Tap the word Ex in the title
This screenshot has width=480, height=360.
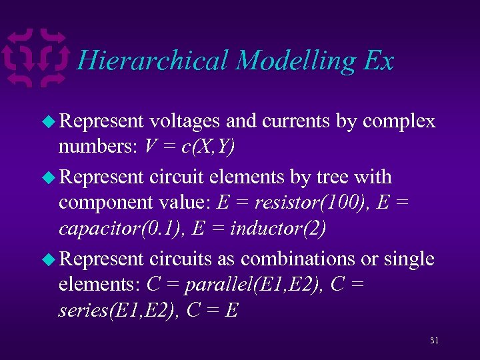click(x=379, y=61)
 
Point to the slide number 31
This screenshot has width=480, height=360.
click(x=434, y=341)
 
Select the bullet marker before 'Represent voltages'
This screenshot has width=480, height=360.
click(x=50, y=121)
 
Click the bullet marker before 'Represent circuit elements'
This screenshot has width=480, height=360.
click(x=50, y=177)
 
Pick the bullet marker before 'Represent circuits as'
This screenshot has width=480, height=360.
click(x=50, y=259)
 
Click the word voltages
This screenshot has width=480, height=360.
click(x=185, y=121)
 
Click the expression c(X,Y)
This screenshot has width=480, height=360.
click(x=203, y=147)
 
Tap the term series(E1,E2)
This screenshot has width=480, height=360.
click(x=111, y=310)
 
